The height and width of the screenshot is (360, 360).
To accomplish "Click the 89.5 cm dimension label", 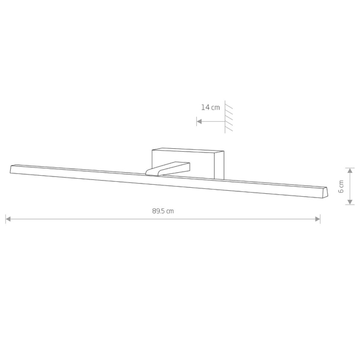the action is (x=163, y=211).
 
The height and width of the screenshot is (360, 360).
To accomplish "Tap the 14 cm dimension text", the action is (x=211, y=107).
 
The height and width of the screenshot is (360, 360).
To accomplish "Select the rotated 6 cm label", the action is (x=341, y=187).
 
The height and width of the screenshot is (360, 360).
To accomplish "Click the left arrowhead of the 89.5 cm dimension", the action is (x=8, y=219).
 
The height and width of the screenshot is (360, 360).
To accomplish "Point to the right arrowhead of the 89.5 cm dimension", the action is (x=317, y=219).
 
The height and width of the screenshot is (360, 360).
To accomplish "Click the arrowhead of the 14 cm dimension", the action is (x=199, y=121).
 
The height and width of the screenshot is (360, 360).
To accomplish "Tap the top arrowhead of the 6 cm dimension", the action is (x=350, y=170).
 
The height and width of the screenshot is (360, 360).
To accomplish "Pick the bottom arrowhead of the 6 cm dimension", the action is (x=350, y=202).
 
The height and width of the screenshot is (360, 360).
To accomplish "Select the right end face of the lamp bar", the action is (x=325, y=193).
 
